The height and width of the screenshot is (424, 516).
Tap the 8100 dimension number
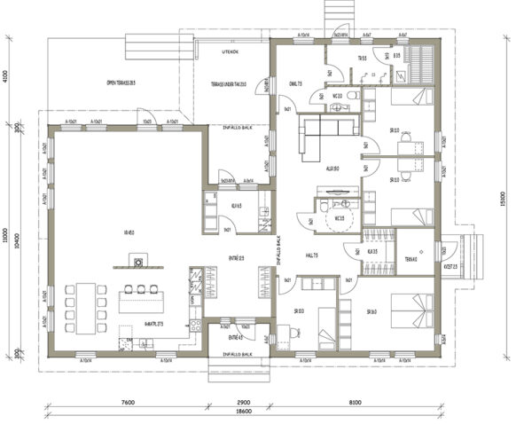click(x=355, y=402)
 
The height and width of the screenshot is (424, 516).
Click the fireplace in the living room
click(x=137, y=261)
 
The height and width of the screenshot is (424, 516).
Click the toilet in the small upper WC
click(x=352, y=95)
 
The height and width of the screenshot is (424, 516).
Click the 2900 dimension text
click(x=244, y=402)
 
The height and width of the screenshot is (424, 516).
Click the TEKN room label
click(x=410, y=259)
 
